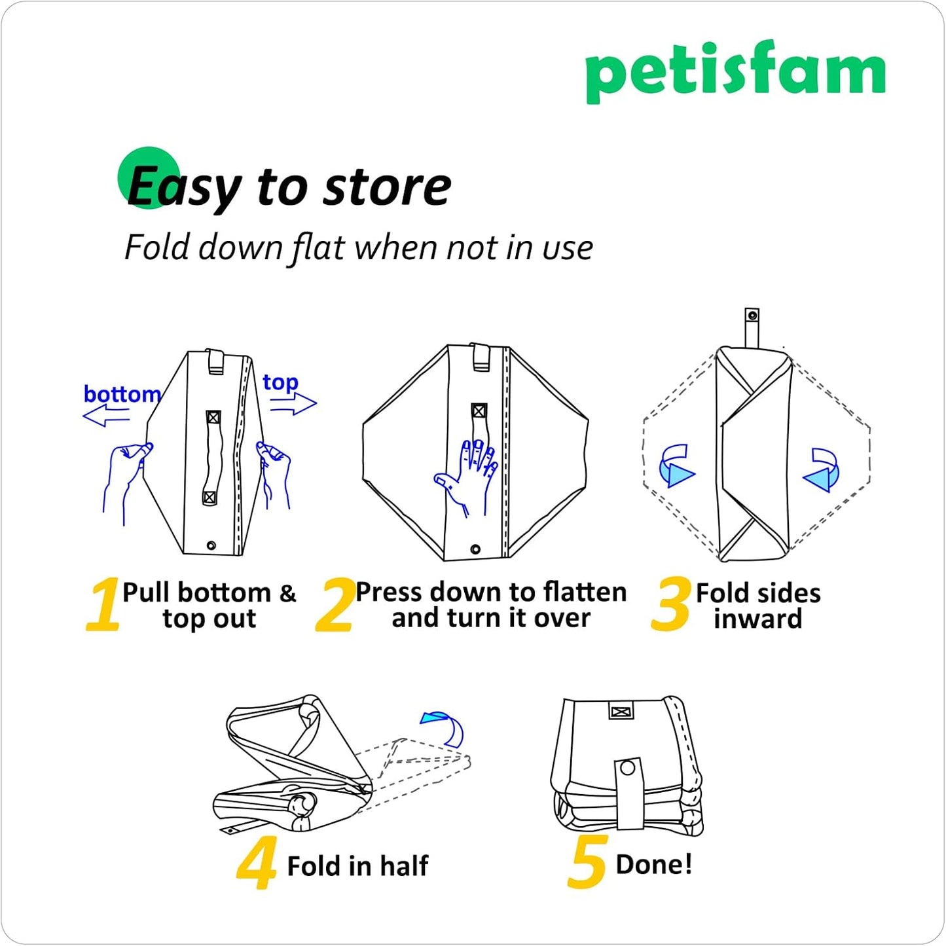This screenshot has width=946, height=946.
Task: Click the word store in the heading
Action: point(388,187)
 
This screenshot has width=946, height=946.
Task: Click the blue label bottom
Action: point(122,394)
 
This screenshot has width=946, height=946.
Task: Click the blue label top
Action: point(280,382)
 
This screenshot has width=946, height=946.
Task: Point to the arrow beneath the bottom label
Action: point(106,415)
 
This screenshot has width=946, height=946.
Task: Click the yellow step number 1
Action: point(103,604)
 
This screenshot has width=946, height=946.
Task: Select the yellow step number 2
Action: point(335,604)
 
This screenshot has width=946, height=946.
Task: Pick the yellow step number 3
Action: point(671,603)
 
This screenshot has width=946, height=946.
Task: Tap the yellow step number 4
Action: point(257,864)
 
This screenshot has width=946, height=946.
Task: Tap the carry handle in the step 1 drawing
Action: point(213,458)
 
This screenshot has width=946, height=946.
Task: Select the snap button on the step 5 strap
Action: point(628,768)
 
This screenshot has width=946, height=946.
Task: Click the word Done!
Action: point(653,864)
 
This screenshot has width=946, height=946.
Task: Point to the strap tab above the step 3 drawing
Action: point(752,327)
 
